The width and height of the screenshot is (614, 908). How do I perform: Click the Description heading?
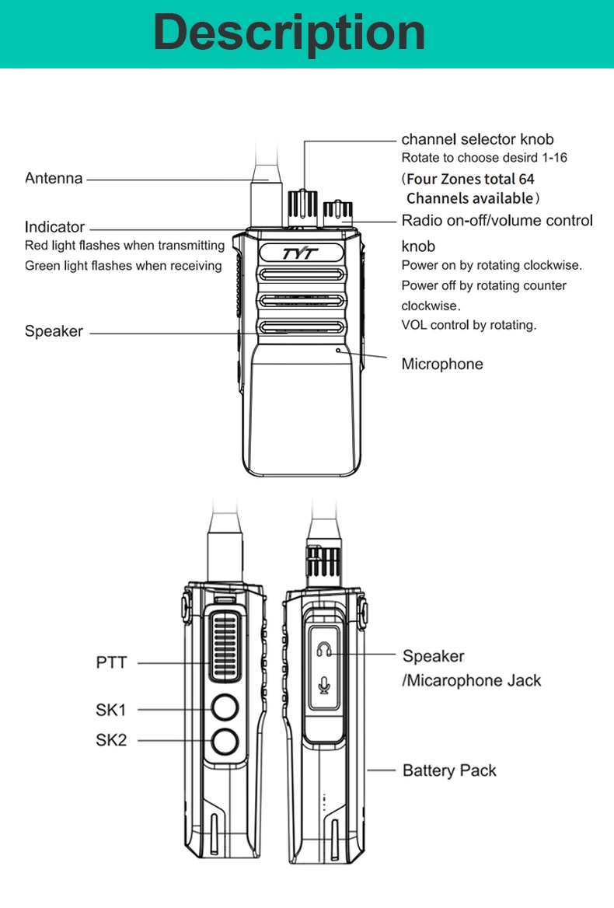[289, 33]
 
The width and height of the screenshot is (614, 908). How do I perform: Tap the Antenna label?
[54, 179]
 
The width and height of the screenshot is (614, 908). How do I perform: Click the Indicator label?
[54, 228]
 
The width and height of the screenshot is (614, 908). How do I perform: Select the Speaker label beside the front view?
[54, 331]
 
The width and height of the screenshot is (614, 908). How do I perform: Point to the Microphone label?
[441, 364]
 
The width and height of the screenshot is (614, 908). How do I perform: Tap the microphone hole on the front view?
[338, 350]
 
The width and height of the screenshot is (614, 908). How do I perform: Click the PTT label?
[111, 663]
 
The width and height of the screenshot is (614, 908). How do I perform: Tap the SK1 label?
[111, 710]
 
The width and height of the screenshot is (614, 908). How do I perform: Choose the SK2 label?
[111, 740]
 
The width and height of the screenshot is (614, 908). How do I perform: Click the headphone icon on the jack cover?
[325, 648]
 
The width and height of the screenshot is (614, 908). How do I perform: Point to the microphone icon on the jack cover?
[325, 684]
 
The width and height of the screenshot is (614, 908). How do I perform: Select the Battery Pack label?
[449, 770]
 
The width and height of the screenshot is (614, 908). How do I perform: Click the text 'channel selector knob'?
[477, 140]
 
